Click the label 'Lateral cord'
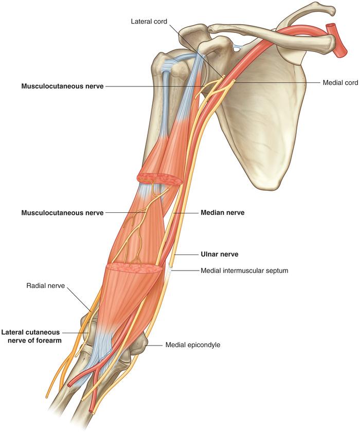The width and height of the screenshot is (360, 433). tap(149, 21)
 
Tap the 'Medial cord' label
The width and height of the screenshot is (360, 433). tap(340, 82)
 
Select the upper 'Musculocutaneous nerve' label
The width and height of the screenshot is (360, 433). tap(62, 86)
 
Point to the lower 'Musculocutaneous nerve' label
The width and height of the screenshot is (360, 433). tap(62, 212)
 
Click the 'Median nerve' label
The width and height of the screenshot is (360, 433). tap(223, 212)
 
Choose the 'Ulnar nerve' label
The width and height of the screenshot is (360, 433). tap(220, 254)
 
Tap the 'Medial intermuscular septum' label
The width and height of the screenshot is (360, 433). tap(244, 270)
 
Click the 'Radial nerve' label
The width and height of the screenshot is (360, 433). tap(46, 285)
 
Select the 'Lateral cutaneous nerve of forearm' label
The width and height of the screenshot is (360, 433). tap(31, 336)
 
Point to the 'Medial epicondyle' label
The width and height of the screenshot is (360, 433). tap(193, 345)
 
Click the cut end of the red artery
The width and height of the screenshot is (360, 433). tap(336, 41)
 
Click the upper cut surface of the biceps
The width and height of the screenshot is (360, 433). tap(159, 179)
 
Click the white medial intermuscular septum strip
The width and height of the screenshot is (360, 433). tap(168, 276)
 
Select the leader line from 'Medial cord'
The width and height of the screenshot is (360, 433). tap(277, 82)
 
